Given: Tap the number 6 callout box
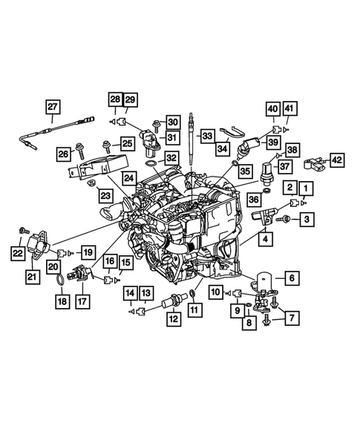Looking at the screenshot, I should [291, 278].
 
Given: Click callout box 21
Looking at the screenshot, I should [33, 277].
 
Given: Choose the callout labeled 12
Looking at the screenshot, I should [172, 320].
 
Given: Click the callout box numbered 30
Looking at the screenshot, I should [171, 122].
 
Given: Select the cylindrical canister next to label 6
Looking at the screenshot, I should [264, 283].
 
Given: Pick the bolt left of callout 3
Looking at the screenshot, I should [284, 219].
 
